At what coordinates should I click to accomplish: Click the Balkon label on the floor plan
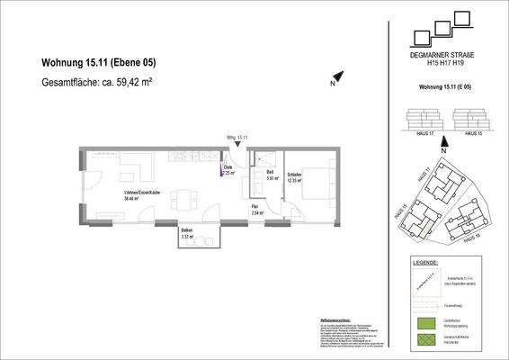point(186,233)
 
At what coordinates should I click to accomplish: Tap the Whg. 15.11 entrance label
point(237,138)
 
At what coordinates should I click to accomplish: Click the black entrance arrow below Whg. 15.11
point(237,147)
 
